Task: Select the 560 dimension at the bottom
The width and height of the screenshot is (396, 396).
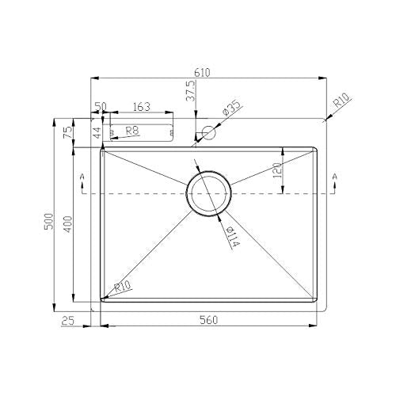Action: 208,320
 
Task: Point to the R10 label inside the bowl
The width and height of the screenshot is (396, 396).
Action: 122,288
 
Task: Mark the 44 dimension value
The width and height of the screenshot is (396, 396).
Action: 98,132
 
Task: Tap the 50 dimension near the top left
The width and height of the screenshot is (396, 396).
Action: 101,106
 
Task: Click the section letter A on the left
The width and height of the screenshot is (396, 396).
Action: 82,175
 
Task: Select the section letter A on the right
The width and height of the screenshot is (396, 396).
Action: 335,175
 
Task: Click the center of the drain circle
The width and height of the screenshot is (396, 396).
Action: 209,192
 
